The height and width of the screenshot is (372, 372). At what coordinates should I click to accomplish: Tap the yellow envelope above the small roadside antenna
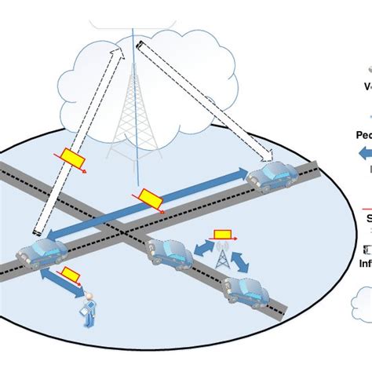click(222, 235)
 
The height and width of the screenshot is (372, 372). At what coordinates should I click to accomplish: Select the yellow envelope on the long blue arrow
click(148, 196)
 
